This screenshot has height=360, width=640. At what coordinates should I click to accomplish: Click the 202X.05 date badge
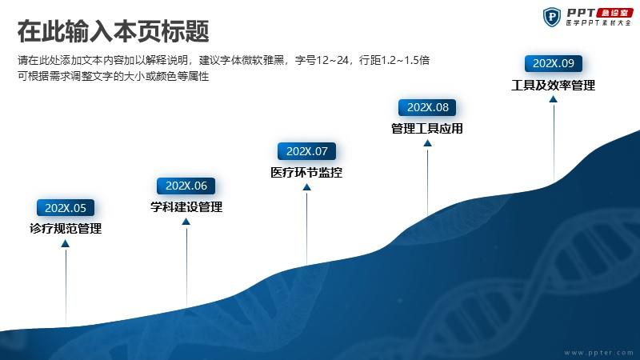point(66,208)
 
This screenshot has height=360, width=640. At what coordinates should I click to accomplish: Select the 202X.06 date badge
point(186,186)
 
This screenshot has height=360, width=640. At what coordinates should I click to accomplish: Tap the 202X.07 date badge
point(306,151)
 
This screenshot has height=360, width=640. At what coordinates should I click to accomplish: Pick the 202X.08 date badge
point(427,107)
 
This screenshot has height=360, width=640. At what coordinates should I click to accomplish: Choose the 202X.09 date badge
point(554,63)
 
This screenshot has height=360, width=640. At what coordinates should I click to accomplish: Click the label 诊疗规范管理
point(66,228)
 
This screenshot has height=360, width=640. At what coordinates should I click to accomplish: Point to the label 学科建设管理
point(186,206)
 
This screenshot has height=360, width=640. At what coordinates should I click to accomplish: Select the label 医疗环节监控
point(306,172)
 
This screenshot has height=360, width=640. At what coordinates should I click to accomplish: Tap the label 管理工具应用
point(427,129)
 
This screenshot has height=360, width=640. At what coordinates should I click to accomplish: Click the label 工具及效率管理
point(554,85)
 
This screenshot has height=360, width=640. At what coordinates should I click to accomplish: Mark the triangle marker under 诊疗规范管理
point(66,244)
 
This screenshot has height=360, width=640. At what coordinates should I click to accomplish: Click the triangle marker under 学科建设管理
point(186,222)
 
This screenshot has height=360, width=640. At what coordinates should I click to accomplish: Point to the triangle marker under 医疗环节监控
point(307,187)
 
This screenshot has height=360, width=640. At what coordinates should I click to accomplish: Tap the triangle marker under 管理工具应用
point(427,143)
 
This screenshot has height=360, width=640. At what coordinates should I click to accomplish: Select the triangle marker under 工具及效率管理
point(553,99)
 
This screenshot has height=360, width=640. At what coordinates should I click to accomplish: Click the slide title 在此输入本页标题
point(114,31)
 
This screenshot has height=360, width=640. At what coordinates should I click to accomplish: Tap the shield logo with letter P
point(552,17)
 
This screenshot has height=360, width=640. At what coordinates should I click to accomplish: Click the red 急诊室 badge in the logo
point(614,13)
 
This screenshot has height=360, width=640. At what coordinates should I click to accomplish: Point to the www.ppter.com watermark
point(598,352)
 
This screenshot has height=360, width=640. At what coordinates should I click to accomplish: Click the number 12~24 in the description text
point(332,61)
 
